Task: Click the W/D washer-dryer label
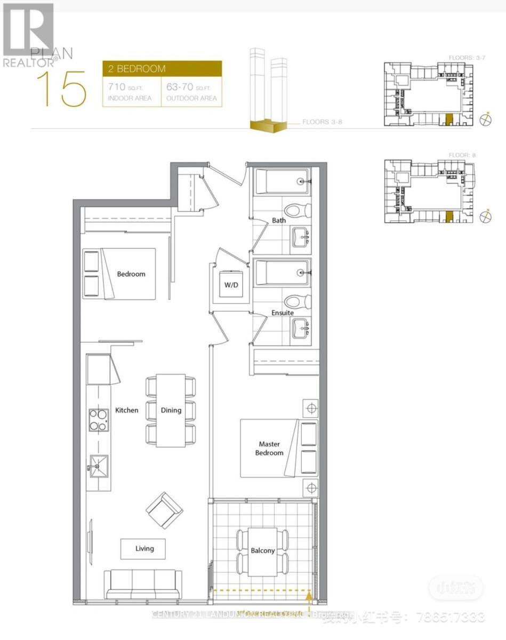coord(230,285)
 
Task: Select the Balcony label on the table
coord(263,550)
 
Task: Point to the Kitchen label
coord(127,410)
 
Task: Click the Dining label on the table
coord(171,410)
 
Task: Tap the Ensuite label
coord(283,313)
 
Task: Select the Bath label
coord(279,220)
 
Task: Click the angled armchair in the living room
coord(164,510)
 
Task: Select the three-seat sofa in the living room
coord(142,584)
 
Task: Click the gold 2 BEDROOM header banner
coord(162,69)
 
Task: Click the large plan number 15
coord(61,88)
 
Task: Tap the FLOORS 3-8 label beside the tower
coord(322,122)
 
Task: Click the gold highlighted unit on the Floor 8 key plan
coord(449,216)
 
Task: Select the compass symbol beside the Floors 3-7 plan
coord(486,121)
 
